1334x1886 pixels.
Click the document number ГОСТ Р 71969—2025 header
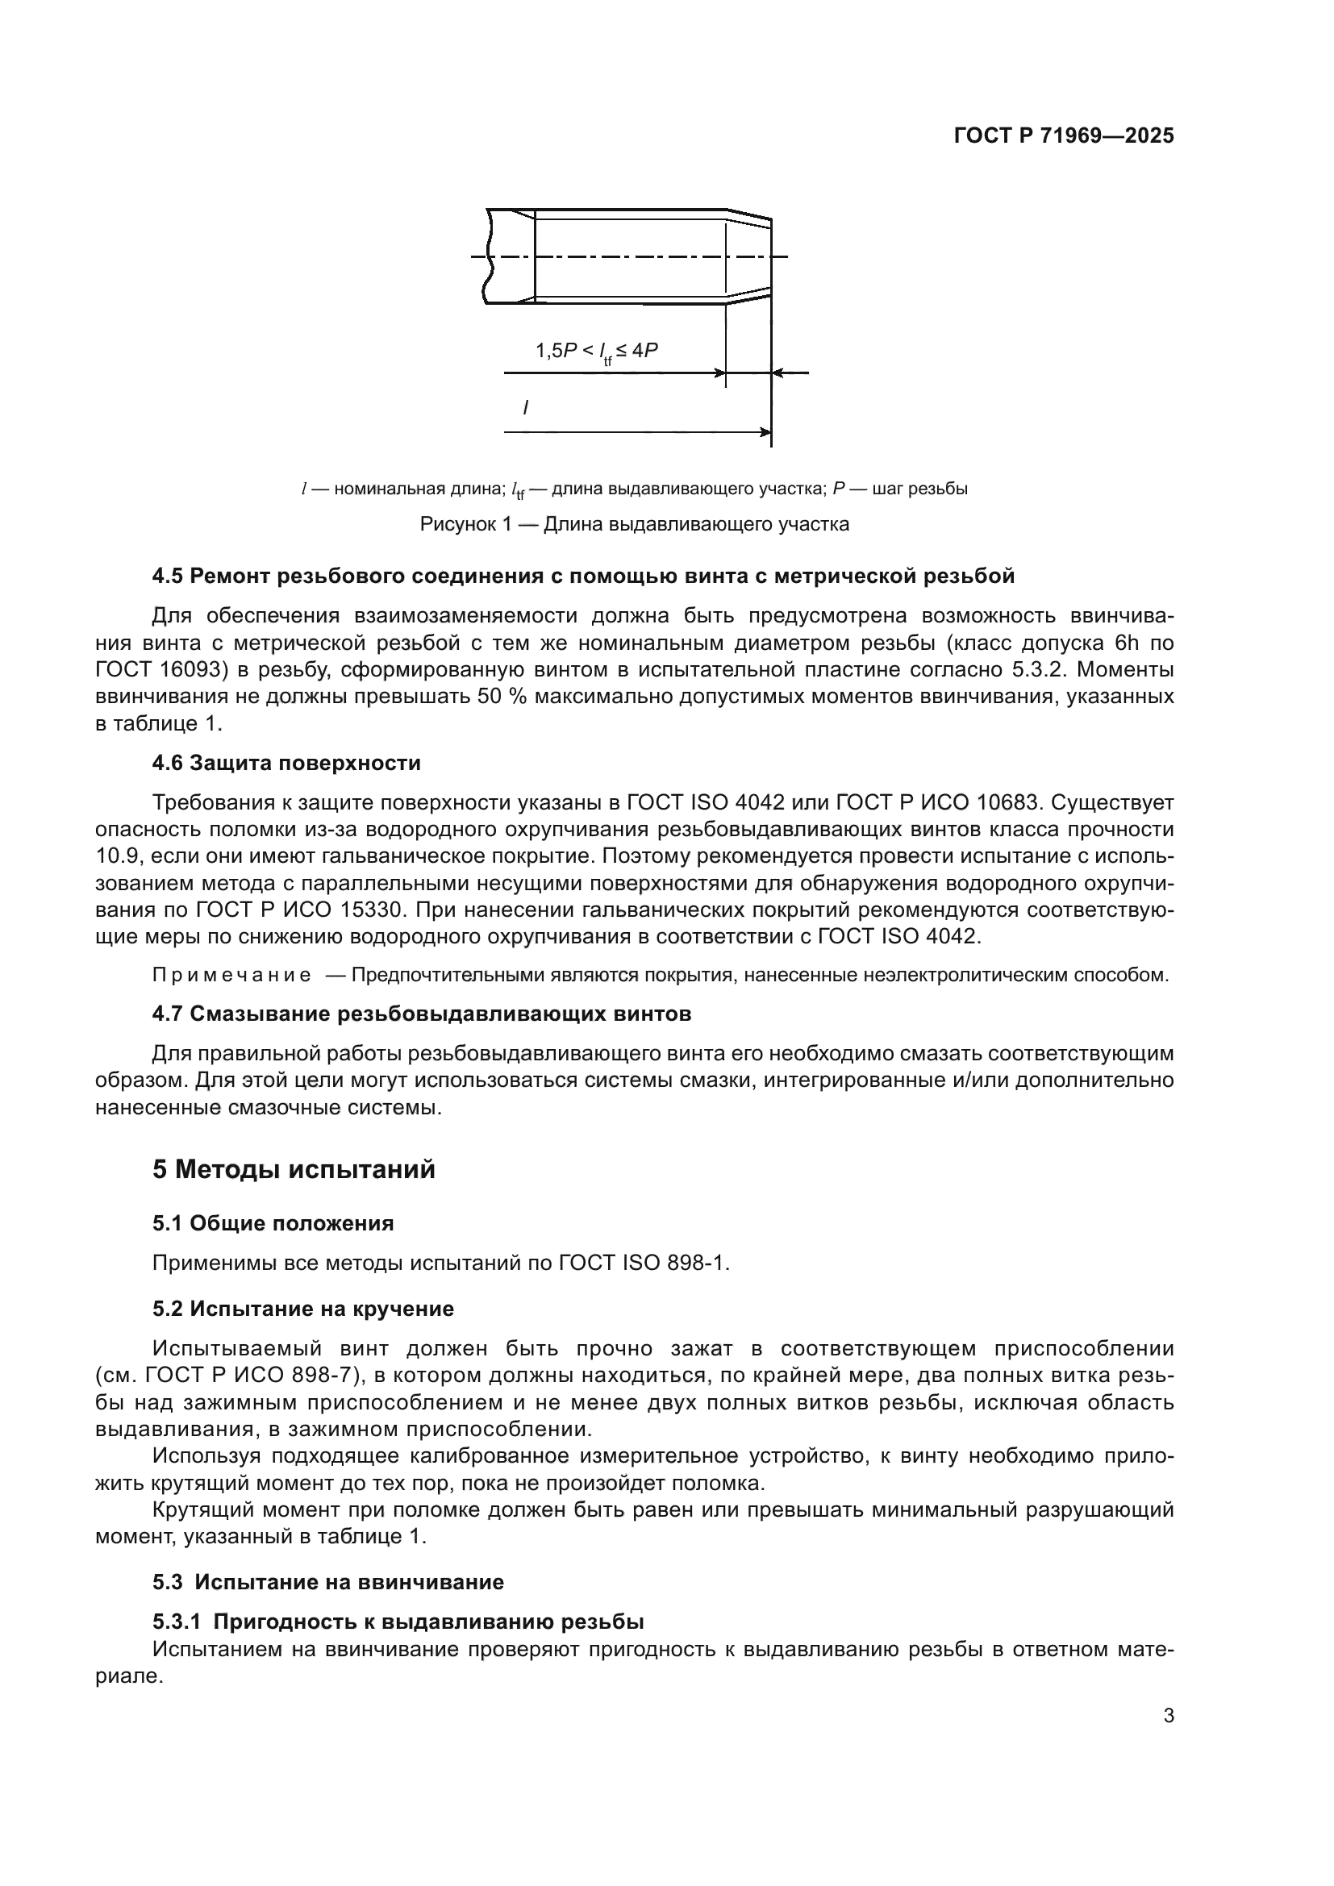pyautogui.click(x=1064, y=136)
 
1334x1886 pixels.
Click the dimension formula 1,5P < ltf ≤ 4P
pyautogui.click(x=597, y=352)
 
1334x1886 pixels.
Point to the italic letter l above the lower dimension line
pyautogui.click(x=526, y=406)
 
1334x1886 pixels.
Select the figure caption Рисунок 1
pyautogui.click(x=634, y=524)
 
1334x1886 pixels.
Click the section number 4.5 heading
pyautogui.click(x=169, y=577)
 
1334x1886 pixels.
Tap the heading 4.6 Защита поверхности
pyautogui.click(x=286, y=763)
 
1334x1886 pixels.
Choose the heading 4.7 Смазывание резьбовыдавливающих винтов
pyautogui.click(x=421, y=1014)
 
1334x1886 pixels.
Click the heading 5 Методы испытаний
pyautogui.click(x=294, y=1170)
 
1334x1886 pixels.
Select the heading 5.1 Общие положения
pyautogui.click(x=273, y=1224)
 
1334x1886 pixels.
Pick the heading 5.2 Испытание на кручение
pyautogui.click(x=302, y=1309)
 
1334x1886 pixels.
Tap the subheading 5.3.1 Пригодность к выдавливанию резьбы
pyautogui.click(x=398, y=1622)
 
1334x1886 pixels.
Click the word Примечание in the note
pyautogui.click(x=231, y=976)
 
